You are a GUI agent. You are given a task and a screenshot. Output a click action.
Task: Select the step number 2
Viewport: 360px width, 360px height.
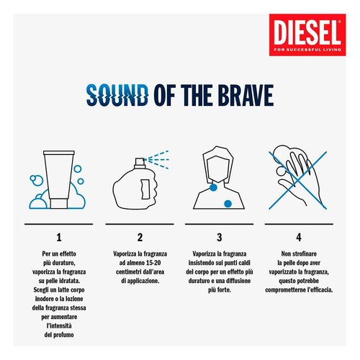pyautogui.click(x=140, y=236)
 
